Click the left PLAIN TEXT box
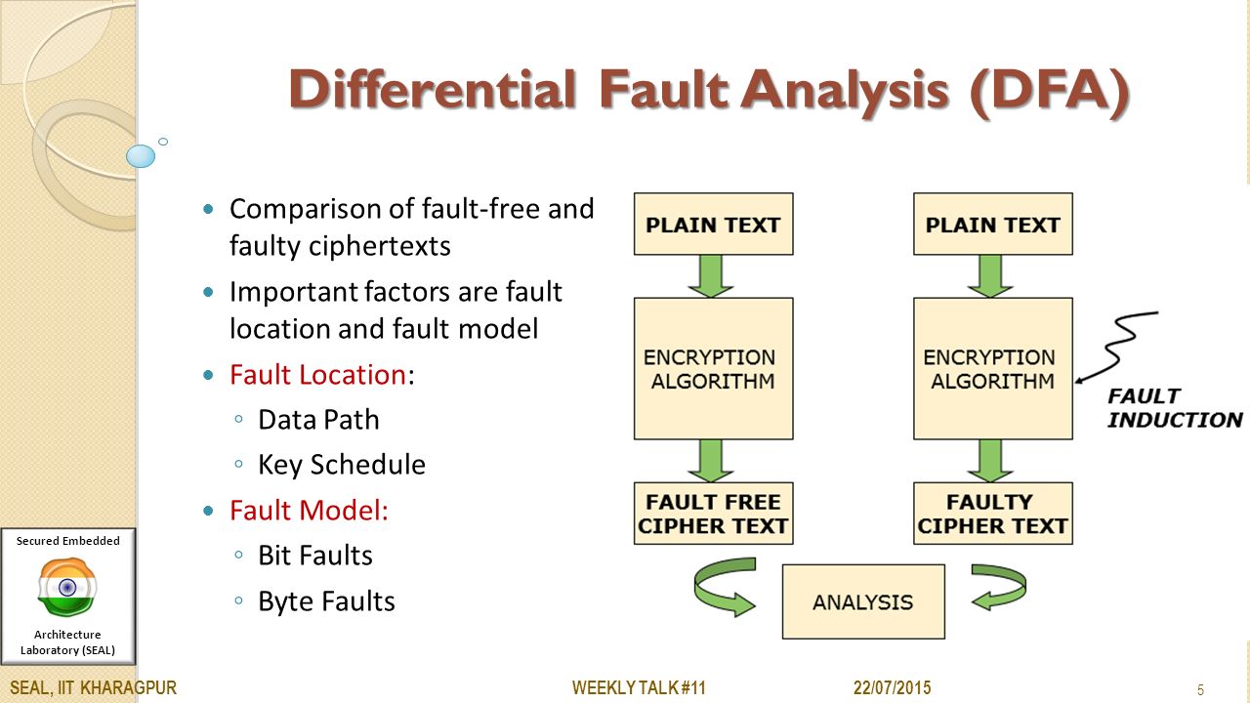[x=713, y=225]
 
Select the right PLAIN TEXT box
[x=992, y=225]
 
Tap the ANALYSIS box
[x=863, y=601]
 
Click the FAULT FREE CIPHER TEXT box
[x=713, y=514]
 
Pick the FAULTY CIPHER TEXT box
[x=992, y=514]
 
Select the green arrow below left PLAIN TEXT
[x=711, y=275]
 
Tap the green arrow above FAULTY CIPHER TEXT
[x=990, y=460]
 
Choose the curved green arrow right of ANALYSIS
[x=998, y=586]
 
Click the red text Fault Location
[x=317, y=375]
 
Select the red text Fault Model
[x=309, y=510]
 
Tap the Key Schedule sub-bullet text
[x=342, y=465]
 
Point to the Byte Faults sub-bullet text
[x=326, y=600]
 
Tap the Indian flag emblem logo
[x=67, y=588]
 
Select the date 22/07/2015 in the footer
[x=893, y=688]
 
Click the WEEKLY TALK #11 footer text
[x=639, y=688]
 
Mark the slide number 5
[x=1200, y=690]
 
